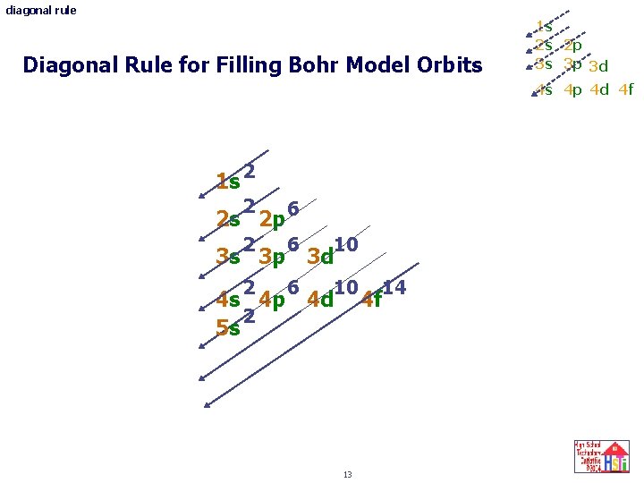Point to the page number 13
[x=347, y=473]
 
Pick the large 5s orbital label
[x=228, y=328]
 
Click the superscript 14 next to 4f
[x=394, y=287]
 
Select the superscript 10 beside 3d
[x=346, y=244]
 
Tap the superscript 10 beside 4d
[x=347, y=287]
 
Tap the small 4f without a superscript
[x=625, y=89]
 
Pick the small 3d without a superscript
[x=598, y=66]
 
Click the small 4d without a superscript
[x=599, y=89]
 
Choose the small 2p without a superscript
[x=572, y=46]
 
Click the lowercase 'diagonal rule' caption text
[x=41, y=11]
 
